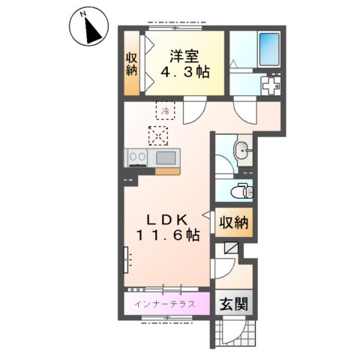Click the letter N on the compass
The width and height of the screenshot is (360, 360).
coord(82,15)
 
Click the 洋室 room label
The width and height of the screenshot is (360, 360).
coord(184,56)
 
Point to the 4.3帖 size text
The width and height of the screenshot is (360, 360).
coord(184,73)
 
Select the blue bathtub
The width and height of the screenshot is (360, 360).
coord(269,49)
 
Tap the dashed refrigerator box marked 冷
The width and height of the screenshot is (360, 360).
coord(165,110)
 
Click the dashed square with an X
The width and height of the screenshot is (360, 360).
coord(158,136)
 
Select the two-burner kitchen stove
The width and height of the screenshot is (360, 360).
coord(137,157)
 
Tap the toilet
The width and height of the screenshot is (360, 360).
coord(243,191)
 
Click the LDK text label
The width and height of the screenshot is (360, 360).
coord(167,220)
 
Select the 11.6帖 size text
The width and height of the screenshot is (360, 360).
coord(167,235)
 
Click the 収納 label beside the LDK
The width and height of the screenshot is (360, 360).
coord(234,222)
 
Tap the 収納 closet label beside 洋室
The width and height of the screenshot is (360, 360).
coord(131,64)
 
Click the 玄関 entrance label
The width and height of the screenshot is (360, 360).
coord(234,304)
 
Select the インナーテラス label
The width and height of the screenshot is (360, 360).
coord(164,304)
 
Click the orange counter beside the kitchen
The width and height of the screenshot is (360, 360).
coord(167,171)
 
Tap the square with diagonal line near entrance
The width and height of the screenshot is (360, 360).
coord(231,247)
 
